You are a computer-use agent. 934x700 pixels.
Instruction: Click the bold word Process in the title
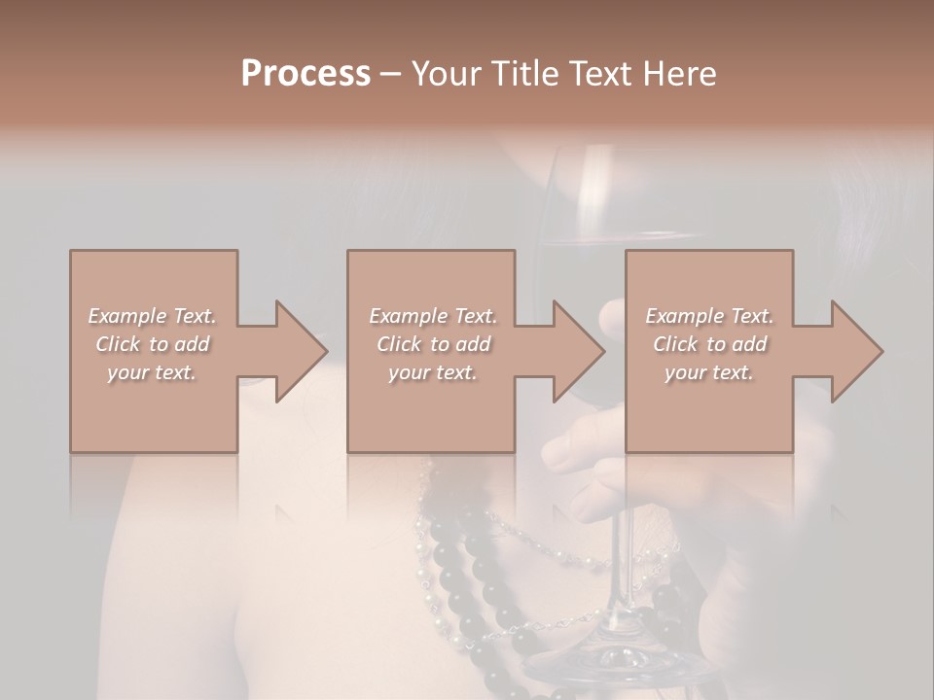[x=305, y=74]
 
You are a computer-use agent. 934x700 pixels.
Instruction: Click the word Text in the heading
[x=605, y=74]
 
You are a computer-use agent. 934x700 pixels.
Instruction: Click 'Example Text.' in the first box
[x=152, y=316]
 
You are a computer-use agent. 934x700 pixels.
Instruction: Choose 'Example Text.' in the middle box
[x=433, y=316]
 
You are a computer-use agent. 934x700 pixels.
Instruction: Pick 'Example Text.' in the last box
[x=709, y=316]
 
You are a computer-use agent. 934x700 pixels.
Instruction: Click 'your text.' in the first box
[x=152, y=372]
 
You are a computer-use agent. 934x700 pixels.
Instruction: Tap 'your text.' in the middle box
[x=433, y=372]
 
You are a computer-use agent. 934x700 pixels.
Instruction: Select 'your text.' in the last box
[x=709, y=372]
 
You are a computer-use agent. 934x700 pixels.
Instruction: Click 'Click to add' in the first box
[x=152, y=344]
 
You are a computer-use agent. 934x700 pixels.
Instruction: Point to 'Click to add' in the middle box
[x=433, y=344]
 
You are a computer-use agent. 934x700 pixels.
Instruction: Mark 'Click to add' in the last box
[x=709, y=344]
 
